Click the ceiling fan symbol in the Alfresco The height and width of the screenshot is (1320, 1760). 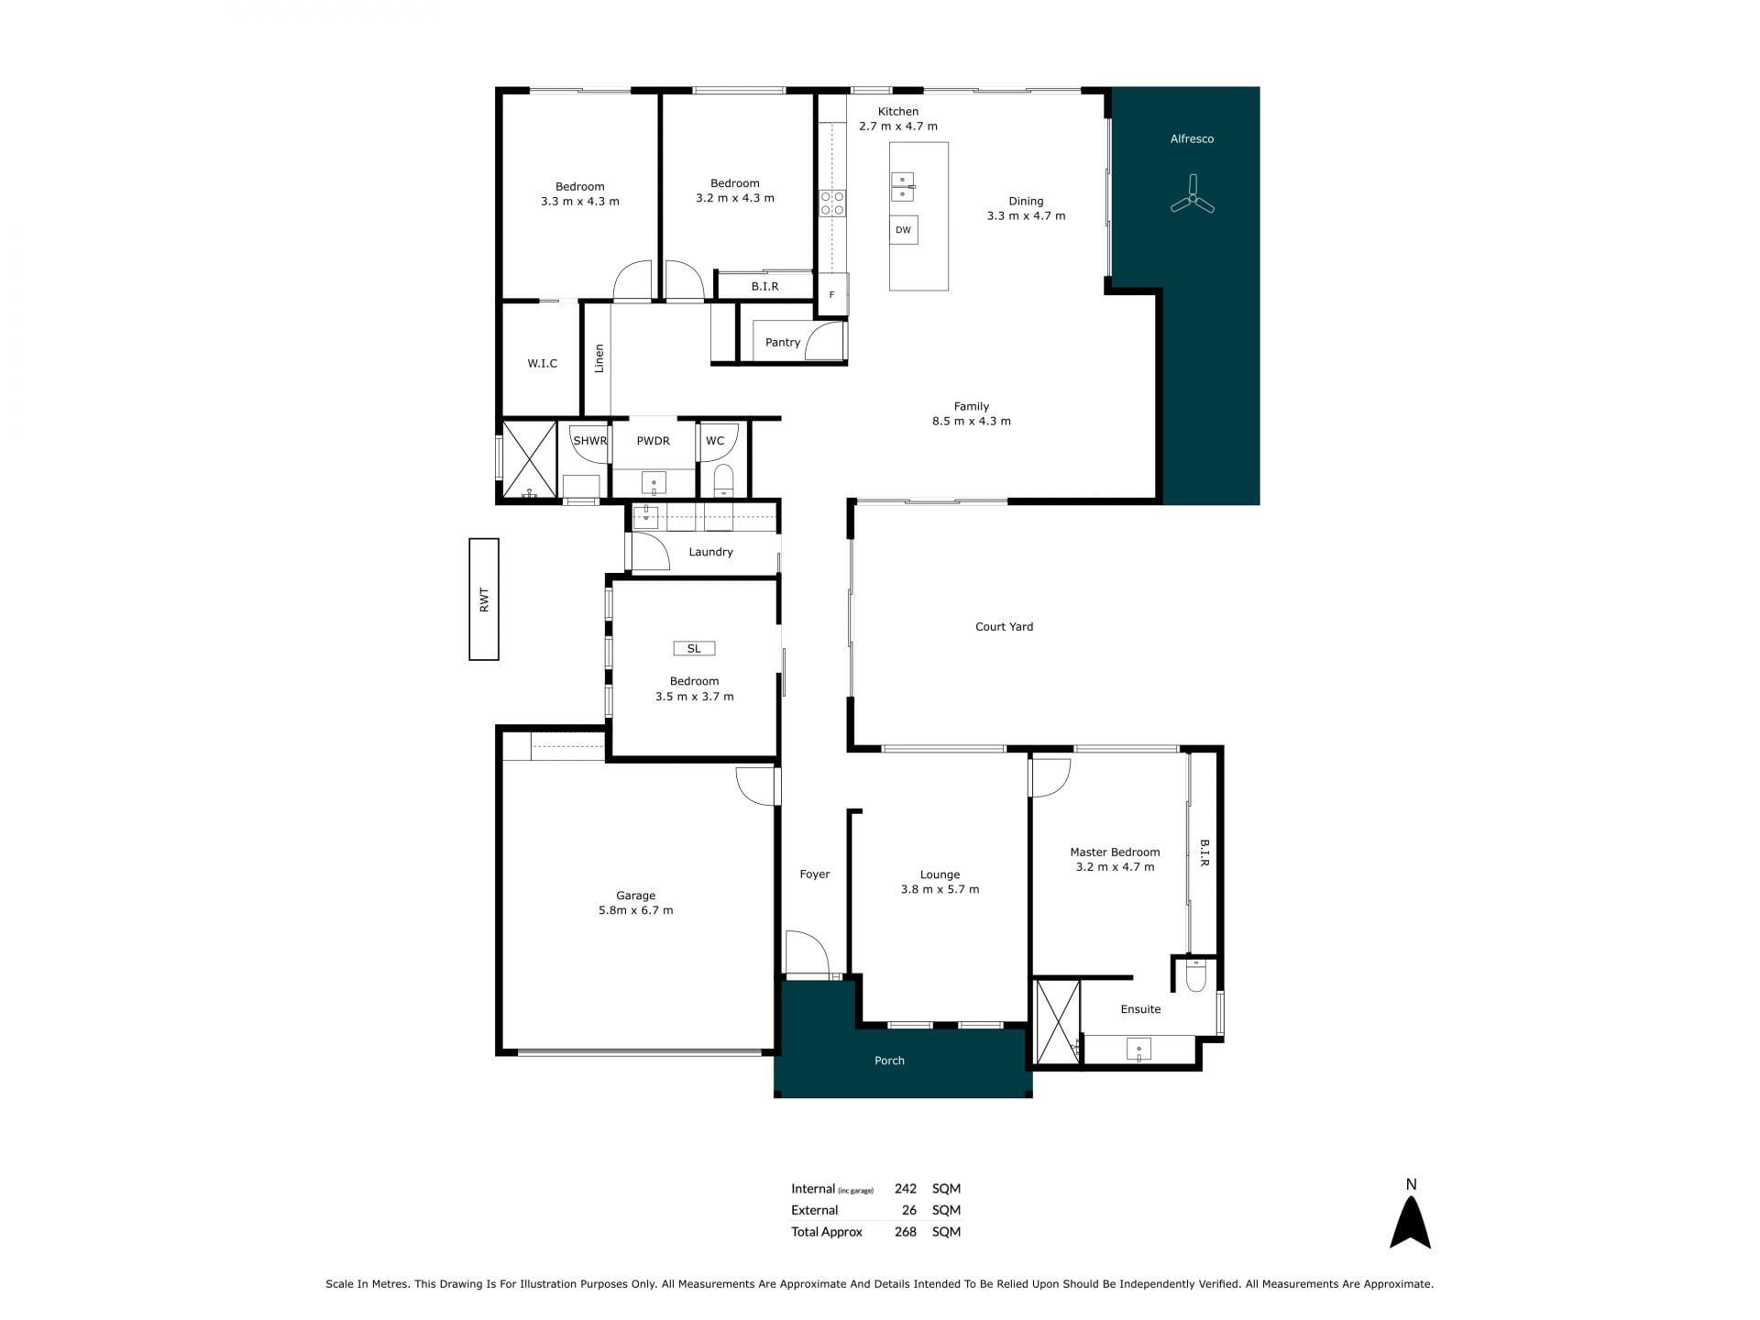(1193, 196)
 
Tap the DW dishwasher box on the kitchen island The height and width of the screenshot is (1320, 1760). (903, 230)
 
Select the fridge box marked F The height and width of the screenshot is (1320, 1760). (832, 294)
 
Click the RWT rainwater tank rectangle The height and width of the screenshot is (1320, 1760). (484, 599)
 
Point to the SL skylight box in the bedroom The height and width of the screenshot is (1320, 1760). (694, 648)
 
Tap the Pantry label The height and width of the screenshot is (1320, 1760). (783, 342)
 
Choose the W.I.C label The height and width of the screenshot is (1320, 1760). (543, 363)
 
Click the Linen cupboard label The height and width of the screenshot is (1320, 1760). (599, 358)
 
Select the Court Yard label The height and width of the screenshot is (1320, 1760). (1004, 627)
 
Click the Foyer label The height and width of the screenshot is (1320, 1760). (815, 874)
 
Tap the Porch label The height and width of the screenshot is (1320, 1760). (889, 1061)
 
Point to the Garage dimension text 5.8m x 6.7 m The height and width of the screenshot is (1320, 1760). (636, 910)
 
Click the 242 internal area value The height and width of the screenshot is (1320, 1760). (906, 1188)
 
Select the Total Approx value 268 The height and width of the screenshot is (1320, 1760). (906, 1232)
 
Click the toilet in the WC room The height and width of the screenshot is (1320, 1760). (724, 480)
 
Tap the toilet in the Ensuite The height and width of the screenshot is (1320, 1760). (1196, 974)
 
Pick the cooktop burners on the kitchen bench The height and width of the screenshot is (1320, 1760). (832, 203)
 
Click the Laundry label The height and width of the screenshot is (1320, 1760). (710, 552)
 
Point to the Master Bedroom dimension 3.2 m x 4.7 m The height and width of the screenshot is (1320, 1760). (1115, 867)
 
